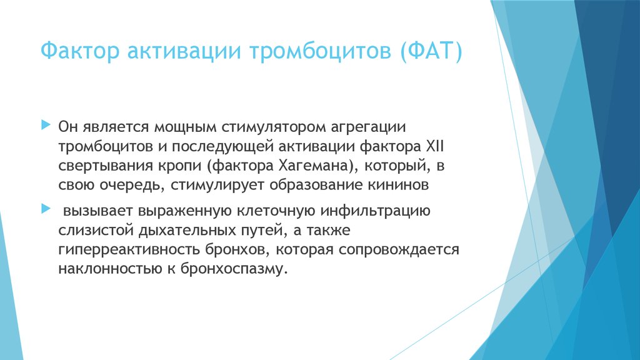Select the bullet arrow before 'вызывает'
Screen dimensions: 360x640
tap(44, 207)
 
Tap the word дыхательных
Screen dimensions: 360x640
tap(186, 230)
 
